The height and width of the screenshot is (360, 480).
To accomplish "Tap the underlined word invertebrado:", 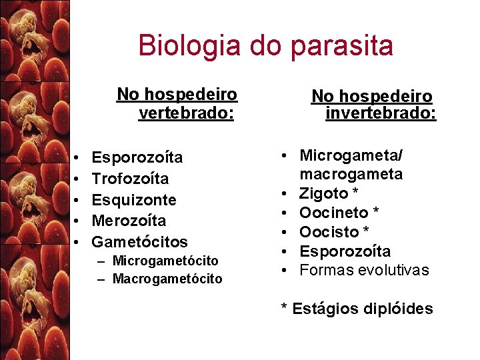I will click(381, 113).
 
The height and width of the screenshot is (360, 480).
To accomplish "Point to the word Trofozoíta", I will click(130, 179).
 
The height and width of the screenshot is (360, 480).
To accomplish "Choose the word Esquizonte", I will click(134, 199).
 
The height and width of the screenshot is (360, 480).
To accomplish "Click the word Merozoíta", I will click(129, 221).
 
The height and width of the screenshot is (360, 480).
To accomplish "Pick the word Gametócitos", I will click(139, 241).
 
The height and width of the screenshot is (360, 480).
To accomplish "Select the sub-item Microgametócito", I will click(165, 260).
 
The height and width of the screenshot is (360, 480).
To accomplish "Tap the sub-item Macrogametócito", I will click(167, 279).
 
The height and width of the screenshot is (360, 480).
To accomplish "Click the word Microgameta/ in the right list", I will click(351, 155).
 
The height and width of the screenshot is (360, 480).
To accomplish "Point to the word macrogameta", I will click(351, 174).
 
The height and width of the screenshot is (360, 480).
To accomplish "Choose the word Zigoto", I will click(324, 193).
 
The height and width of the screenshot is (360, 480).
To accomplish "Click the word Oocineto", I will click(334, 213).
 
